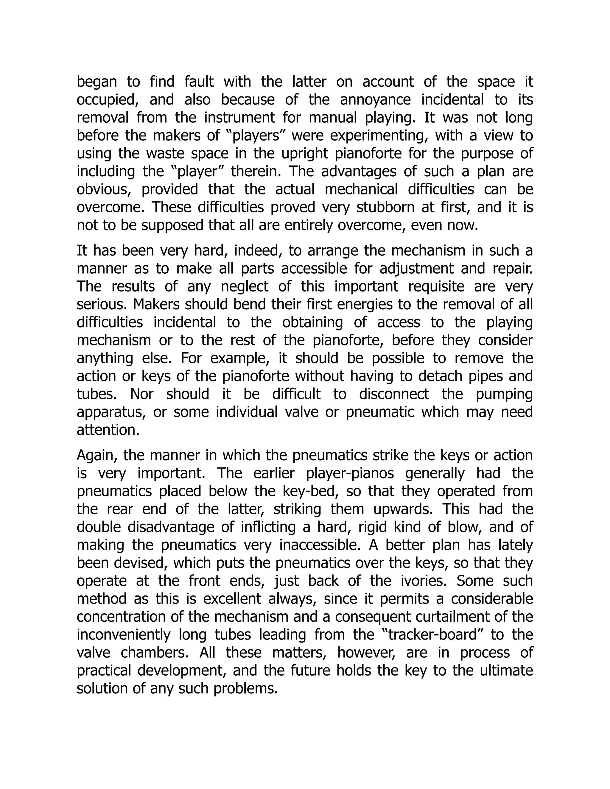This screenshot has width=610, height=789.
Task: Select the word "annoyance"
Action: click(375, 100)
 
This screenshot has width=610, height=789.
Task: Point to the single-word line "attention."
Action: click(108, 430)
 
